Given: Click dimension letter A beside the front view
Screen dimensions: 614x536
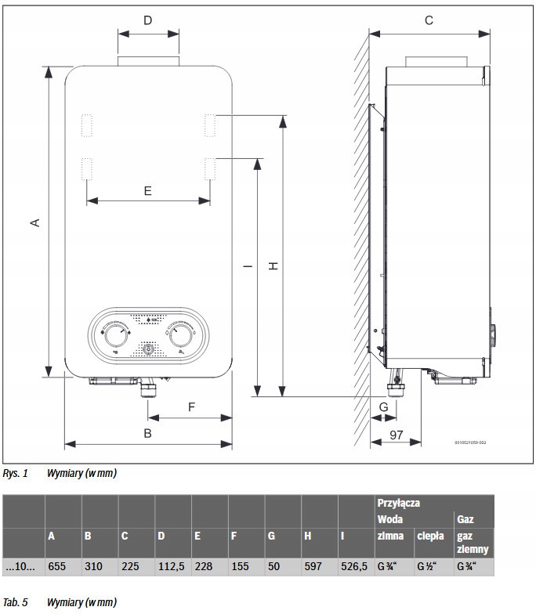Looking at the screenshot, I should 34,222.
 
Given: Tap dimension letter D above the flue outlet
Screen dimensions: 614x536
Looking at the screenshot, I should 148,20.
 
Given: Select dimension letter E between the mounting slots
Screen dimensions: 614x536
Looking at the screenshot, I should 148,190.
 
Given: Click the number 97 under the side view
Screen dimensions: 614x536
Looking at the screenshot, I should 397,434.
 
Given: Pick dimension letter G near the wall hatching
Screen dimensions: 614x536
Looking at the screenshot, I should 383,407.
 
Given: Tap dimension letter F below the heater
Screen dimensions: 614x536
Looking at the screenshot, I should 191,406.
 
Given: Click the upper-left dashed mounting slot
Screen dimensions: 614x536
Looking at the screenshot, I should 86,125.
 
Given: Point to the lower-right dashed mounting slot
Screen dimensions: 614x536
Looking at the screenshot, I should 210,170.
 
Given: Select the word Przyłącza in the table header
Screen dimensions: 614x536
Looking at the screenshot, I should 398,503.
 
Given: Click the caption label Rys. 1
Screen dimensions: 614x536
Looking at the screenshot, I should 15,474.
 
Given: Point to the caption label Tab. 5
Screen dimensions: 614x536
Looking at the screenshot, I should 15,602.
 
